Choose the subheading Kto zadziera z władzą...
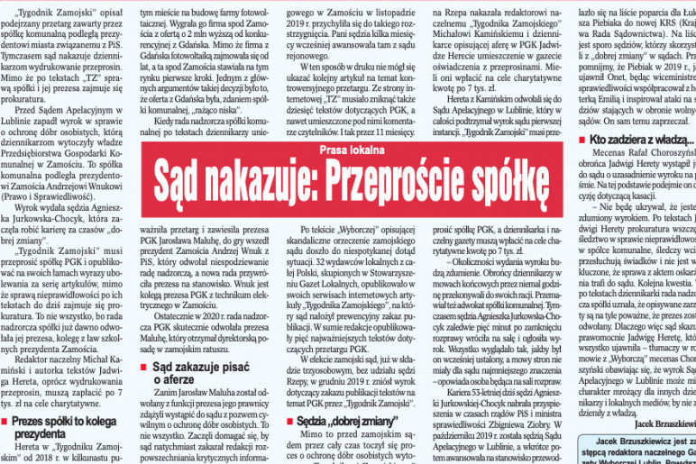pyautogui.click(x=641, y=140)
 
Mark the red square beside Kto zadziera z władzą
pyautogui.click(x=581, y=140)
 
